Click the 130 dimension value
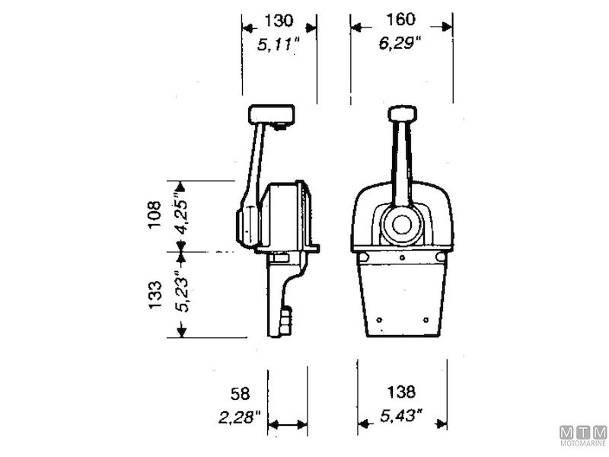[279, 21]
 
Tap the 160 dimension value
[401, 21]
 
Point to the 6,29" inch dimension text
[400, 45]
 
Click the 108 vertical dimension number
[155, 216]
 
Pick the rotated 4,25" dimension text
[180, 216]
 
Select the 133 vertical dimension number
[155, 295]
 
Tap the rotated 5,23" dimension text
[180, 293]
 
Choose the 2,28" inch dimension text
[239, 417]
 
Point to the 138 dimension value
[401, 392]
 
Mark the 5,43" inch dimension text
[401, 417]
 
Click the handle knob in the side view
[272, 115]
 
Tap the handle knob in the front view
[402, 114]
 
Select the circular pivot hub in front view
[401, 225]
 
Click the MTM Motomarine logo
[583, 436]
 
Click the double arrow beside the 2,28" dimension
[288, 424]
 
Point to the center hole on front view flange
[402, 257]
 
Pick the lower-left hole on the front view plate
[379, 318]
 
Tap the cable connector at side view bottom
[286, 319]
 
